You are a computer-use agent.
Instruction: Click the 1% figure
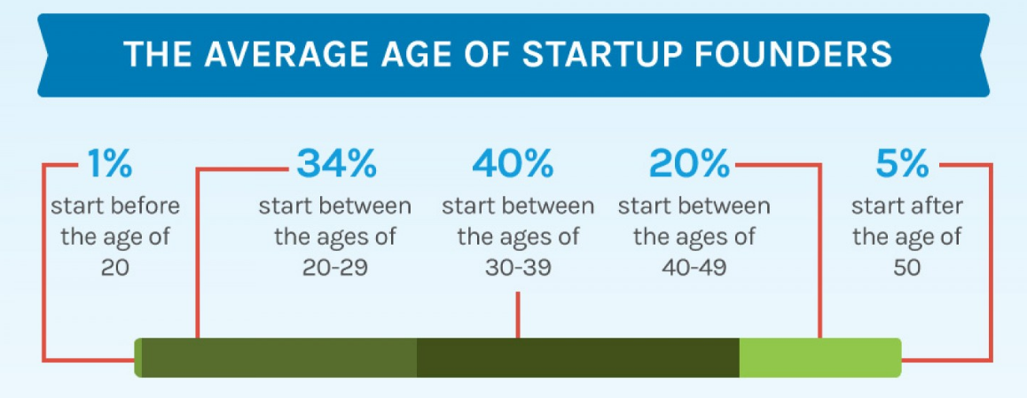pyautogui.click(x=109, y=164)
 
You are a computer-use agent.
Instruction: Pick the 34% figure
pyautogui.click(x=337, y=164)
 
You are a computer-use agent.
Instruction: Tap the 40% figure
pyautogui.click(x=513, y=164)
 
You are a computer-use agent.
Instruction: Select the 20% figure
pyautogui.click(x=690, y=164)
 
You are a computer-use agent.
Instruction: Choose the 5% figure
pyautogui.click(x=902, y=164)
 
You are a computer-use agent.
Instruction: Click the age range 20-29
pyautogui.click(x=334, y=268)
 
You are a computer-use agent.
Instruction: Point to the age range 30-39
pyautogui.click(x=517, y=268)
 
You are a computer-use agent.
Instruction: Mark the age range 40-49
pyautogui.click(x=694, y=268)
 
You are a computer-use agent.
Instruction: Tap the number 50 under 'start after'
pyautogui.click(x=907, y=268)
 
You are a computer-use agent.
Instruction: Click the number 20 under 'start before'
pyautogui.click(x=115, y=268)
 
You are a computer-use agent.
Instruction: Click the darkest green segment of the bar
pyautogui.click(x=577, y=357)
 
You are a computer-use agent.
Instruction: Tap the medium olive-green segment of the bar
pyautogui.click(x=279, y=357)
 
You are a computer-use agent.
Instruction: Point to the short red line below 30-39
pyautogui.click(x=517, y=315)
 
